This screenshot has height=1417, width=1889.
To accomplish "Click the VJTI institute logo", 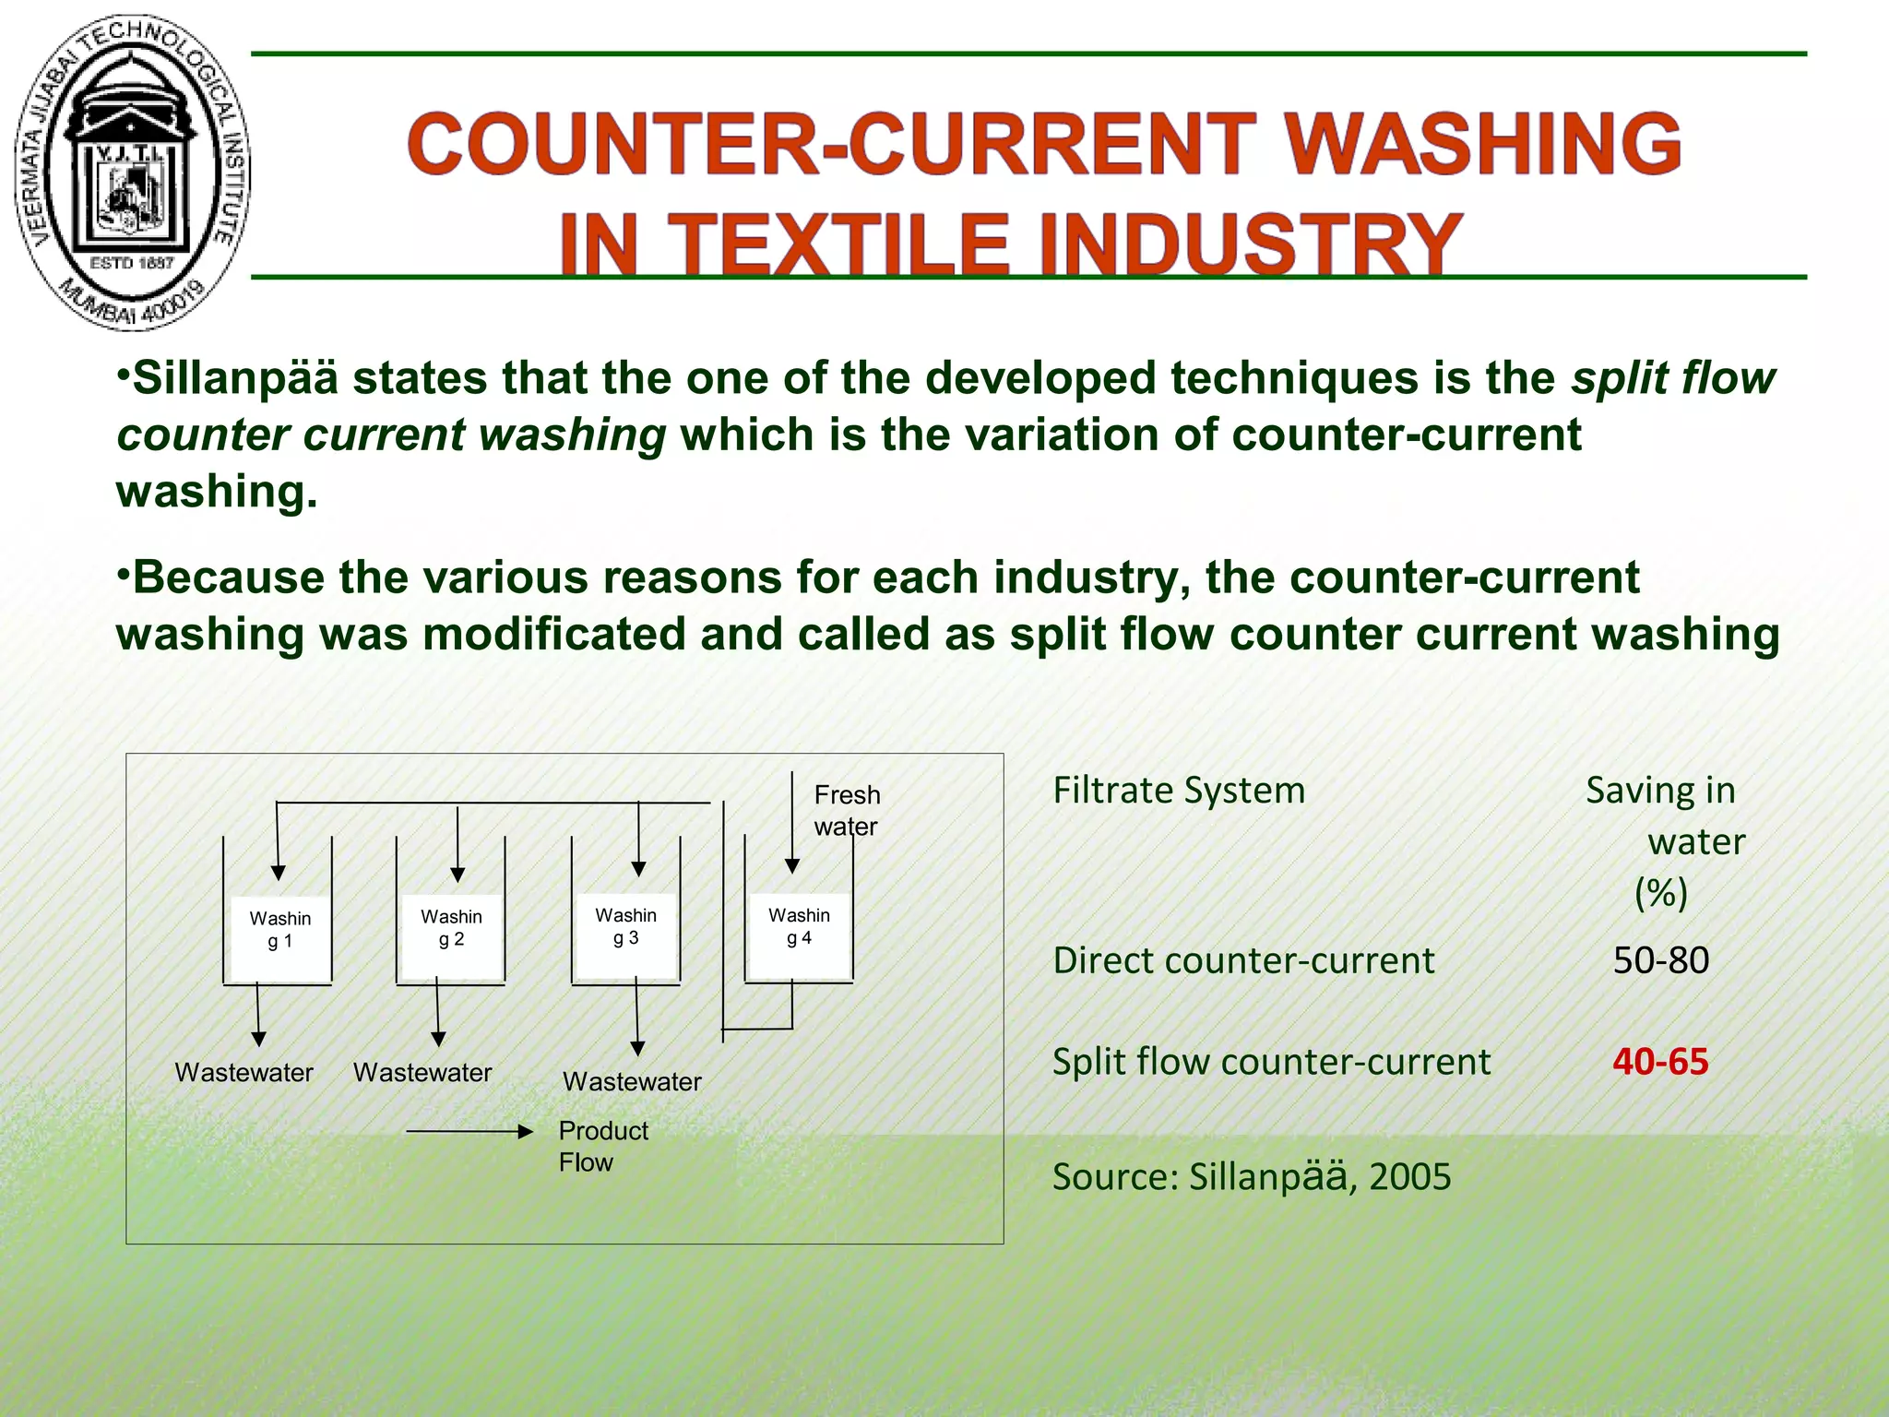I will point(132,173).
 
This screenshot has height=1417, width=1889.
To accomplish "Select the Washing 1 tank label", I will point(279,930).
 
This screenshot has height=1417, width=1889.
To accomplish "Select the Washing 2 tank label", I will point(451,928).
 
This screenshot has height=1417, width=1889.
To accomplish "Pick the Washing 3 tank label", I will point(625,926).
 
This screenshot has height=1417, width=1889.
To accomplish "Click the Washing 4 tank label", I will point(799,926).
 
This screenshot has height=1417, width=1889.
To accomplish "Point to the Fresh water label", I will point(846,810).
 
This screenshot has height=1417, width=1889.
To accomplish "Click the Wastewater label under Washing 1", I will point(244,1073).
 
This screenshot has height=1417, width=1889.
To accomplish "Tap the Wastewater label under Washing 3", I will point(632,1082).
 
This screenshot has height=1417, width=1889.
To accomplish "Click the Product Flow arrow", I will point(469,1132).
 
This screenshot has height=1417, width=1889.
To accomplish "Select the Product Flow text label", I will point(602,1146).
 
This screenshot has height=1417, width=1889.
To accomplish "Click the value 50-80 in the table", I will point(1660,960).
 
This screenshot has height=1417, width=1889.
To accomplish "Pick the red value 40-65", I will point(1660,1062).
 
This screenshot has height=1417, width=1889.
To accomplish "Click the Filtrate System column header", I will point(1179,791).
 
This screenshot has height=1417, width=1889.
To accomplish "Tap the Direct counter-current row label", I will point(1243,960).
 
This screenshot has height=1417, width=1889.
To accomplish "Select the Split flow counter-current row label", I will point(1271,1062).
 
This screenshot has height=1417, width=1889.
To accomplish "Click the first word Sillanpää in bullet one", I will point(234,379).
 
